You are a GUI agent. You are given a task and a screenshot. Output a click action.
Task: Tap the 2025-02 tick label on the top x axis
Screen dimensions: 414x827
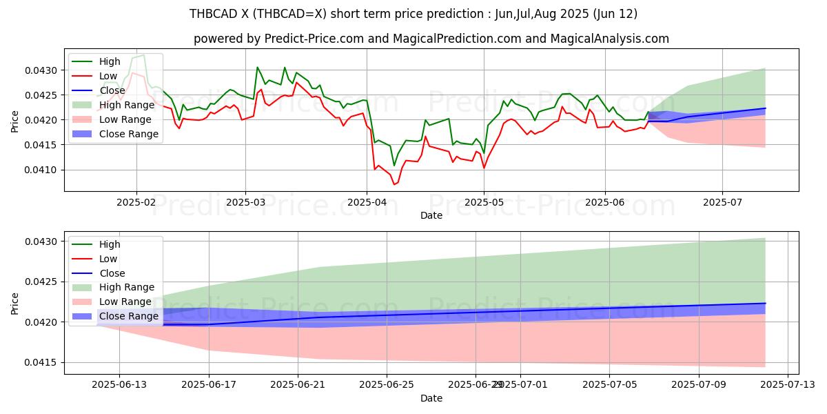pos(136,203)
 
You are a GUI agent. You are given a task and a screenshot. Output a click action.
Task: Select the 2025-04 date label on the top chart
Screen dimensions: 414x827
pos(366,203)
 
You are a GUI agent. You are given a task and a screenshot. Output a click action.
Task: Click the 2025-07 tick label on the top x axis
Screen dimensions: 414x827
pos(722,203)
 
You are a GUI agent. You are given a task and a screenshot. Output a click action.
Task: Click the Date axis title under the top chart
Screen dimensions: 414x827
pos(431,215)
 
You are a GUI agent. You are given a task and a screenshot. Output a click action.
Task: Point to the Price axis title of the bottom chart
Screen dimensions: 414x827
pos(15,303)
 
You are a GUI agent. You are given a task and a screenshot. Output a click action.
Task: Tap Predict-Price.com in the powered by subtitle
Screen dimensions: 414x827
pos(314,39)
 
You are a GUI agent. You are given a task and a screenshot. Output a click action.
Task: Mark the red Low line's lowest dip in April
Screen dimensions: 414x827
pos(394,184)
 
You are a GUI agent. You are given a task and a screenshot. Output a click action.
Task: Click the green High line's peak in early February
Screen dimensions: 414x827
pos(143,55)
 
